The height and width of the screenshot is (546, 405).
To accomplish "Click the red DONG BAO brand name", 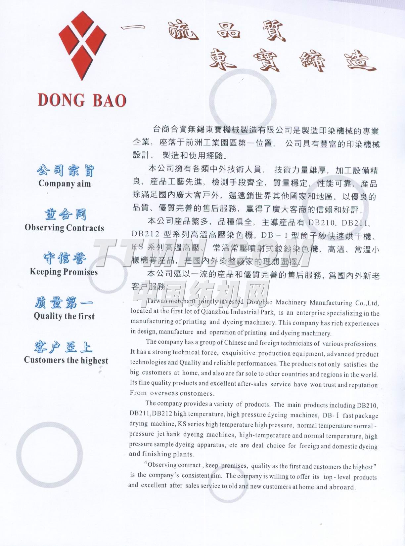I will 82,100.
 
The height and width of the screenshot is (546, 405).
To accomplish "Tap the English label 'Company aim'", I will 65,183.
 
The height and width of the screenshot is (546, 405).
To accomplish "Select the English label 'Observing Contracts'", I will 64,228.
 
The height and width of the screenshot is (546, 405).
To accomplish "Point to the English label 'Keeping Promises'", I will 64,272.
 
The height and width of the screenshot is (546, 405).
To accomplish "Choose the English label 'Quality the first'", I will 64,316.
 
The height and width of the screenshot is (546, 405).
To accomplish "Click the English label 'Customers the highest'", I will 66,360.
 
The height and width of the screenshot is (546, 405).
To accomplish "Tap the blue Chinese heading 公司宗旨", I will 65,171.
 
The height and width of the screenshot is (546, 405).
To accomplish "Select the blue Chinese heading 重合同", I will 65,214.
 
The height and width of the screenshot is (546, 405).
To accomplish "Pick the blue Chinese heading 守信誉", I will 65,258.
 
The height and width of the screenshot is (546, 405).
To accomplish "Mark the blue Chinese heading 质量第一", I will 64,303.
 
